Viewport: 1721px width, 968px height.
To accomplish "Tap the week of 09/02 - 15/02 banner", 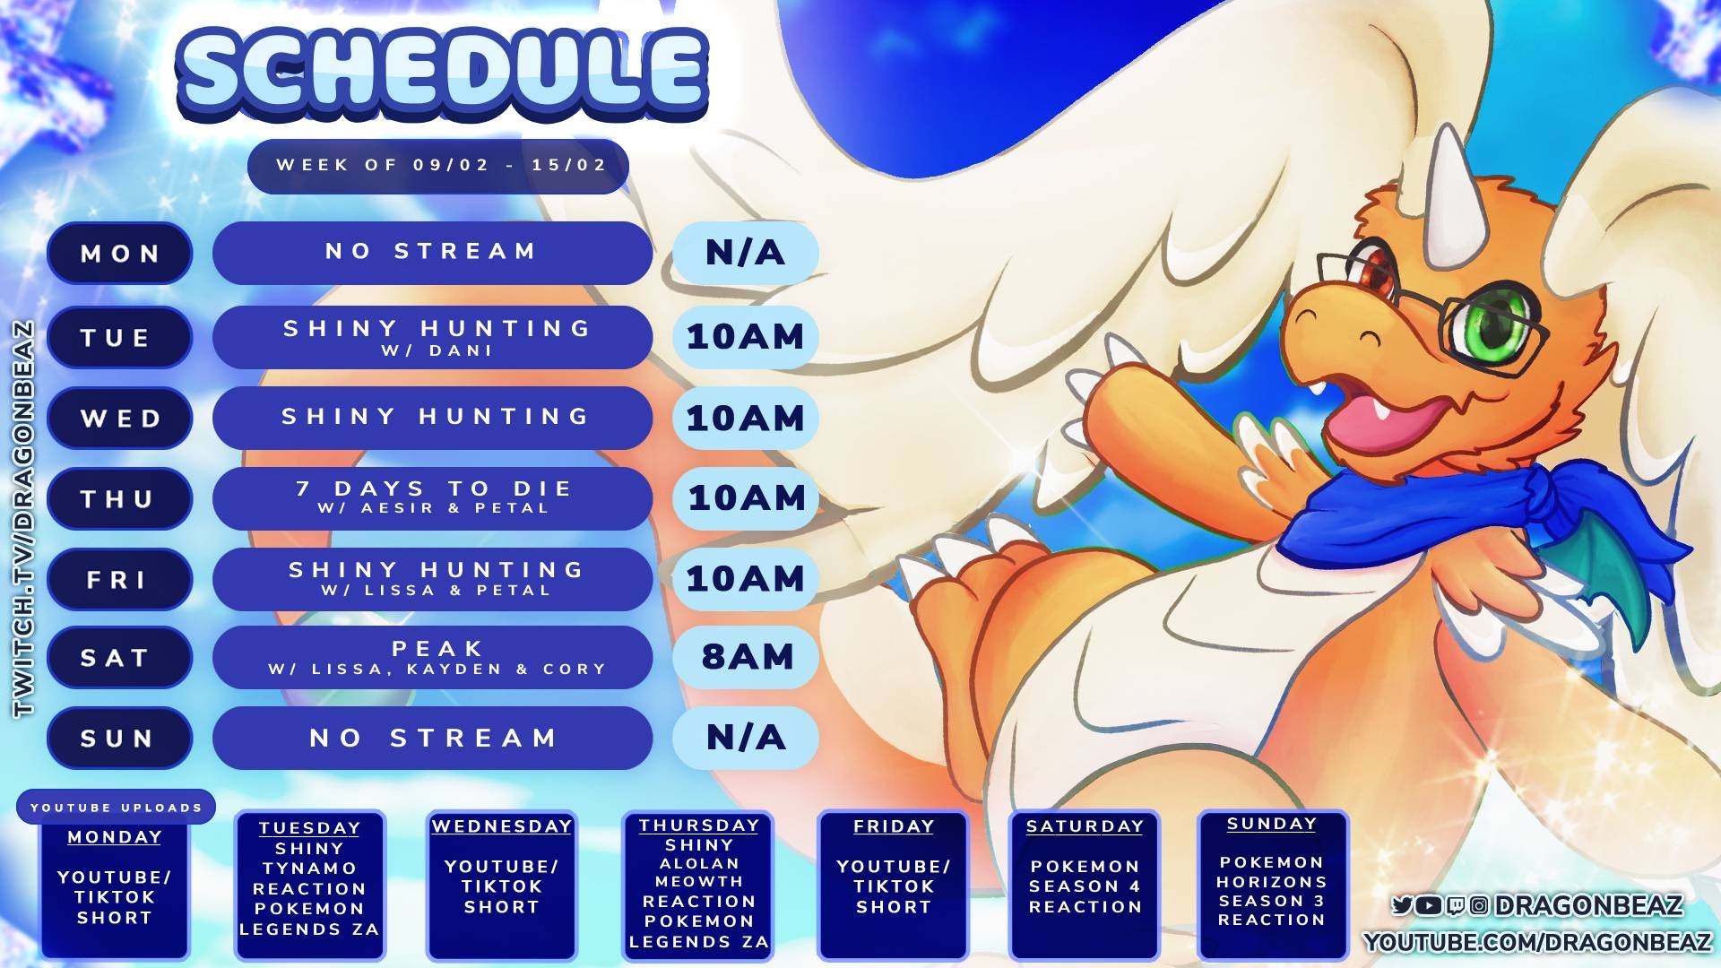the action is pyautogui.click(x=438, y=166).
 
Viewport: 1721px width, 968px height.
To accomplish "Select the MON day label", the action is pyautogui.click(x=120, y=254).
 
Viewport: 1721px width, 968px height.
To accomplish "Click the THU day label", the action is pyautogui.click(x=120, y=498).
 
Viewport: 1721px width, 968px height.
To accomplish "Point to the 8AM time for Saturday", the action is pyautogui.click(x=746, y=657).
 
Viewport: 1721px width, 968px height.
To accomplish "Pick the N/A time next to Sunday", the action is pyautogui.click(x=746, y=738).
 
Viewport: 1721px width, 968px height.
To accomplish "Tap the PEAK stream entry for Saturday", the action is pyautogui.click(x=432, y=657).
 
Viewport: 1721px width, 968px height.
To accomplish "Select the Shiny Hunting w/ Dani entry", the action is pyautogui.click(x=432, y=337).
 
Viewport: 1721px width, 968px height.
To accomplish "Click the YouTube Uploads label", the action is pyautogui.click(x=117, y=808).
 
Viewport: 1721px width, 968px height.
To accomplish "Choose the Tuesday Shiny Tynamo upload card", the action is pyautogui.click(x=310, y=886).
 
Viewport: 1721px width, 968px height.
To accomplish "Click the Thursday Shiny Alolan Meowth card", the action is pyautogui.click(x=698, y=886).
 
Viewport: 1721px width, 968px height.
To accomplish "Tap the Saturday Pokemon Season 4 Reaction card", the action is pyautogui.click(x=1085, y=886).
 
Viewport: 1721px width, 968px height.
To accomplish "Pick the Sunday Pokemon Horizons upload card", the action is pyautogui.click(x=1273, y=886).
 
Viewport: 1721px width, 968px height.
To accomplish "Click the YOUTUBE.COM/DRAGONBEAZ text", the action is pyautogui.click(x=1537, y=942).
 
